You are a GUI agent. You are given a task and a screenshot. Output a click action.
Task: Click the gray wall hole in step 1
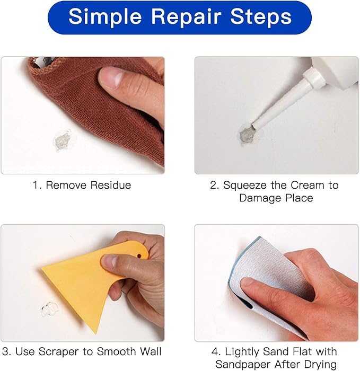pyautogui.click(x=63, y=142)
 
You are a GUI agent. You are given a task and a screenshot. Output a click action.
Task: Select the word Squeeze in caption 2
pyautogui.click(x=244, y=185)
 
